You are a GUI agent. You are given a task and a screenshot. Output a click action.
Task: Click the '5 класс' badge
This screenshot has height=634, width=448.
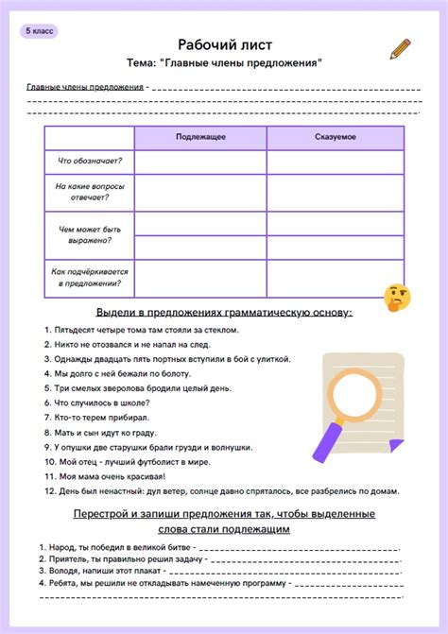(x=41, y=31)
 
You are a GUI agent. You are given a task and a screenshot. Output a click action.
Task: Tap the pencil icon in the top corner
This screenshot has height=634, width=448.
(x=401, y=49)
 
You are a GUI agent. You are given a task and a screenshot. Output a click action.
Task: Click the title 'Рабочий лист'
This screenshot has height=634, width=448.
(x=223, y=44)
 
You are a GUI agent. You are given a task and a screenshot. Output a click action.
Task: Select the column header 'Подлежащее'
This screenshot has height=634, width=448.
(x=200, y=138)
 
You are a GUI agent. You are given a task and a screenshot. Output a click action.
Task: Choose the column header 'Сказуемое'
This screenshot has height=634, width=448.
(x=336, y=138)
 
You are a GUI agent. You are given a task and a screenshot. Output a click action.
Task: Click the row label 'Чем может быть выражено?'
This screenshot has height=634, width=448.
(x=89, y=234)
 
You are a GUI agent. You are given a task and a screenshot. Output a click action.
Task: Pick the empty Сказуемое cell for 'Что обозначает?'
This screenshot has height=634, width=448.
(x=336, y=163)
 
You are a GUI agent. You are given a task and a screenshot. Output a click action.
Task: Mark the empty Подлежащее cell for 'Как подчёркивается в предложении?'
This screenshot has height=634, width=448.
(x=200, y=277)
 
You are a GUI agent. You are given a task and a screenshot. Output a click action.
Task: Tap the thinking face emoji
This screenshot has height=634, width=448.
(x=397, y=298)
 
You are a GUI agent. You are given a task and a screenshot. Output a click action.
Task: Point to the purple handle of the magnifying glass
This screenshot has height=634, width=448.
(x=326, y=441)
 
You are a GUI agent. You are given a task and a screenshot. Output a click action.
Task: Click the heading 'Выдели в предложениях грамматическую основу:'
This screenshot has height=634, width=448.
(x=224, y=311)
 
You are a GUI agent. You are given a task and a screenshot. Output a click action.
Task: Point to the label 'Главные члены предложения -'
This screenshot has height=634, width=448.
(x=86, y=86)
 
